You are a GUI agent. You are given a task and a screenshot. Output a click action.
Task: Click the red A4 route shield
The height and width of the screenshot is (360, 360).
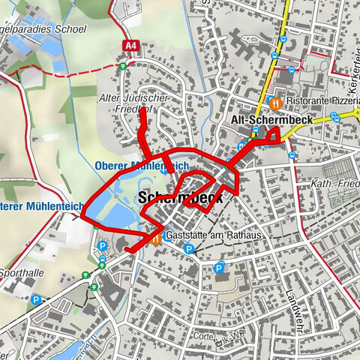point(131,46)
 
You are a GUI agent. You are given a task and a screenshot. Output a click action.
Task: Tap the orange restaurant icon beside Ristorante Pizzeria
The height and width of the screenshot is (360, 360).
point(276,101)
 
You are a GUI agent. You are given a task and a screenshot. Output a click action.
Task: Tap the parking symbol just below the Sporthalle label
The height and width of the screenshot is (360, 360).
point(35,299)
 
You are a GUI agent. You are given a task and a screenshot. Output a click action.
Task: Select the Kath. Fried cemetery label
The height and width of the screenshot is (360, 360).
point(332,184)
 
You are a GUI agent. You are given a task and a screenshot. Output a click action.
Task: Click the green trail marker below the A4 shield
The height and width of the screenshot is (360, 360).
point(123,66)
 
